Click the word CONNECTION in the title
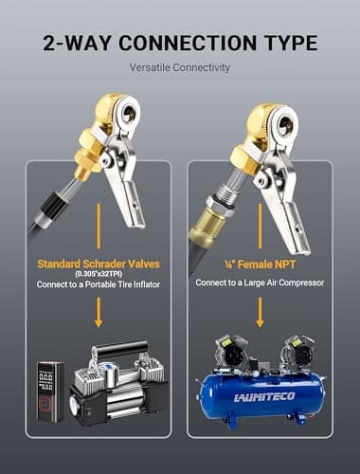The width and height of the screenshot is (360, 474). (x=188, y=43)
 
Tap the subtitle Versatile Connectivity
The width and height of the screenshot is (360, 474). (x=180, y=67)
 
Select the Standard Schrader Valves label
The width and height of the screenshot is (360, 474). (x=99, y=264)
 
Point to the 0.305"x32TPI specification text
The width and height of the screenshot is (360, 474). (x=99, y=274)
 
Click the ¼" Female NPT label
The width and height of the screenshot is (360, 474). (x=260, y=264)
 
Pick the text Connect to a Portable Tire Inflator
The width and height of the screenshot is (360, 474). (x=99, y=284)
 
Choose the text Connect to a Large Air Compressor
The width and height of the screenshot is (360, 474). (x=260, y=283)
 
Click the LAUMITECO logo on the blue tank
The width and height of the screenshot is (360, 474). (x=264, y=397)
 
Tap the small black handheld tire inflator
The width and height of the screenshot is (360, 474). (x=50, y=392)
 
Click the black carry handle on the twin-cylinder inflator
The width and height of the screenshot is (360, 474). (x=120, y=349)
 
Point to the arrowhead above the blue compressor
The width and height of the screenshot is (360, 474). (x=260, y=323)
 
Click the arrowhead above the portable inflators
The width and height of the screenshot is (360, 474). (x=99, y=323)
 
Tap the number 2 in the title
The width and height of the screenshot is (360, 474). (x=50, y=44)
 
